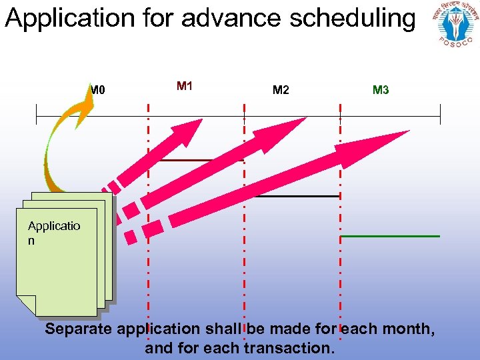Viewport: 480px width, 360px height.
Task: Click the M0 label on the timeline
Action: click(x=99, y=90)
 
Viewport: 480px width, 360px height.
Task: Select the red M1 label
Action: click(x=185, y=86)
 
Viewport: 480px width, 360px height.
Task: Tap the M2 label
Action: click(x=281, y=90)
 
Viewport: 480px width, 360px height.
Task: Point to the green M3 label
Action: click(x=381, y=90)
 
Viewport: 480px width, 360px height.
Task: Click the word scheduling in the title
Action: click(x=352, y=18)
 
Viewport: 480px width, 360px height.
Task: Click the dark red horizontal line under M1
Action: click(x=201, y=161)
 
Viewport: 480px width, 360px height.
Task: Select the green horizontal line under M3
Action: click(x=390, y=236)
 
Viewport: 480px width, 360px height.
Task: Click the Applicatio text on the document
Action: click(x=54, y=226)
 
